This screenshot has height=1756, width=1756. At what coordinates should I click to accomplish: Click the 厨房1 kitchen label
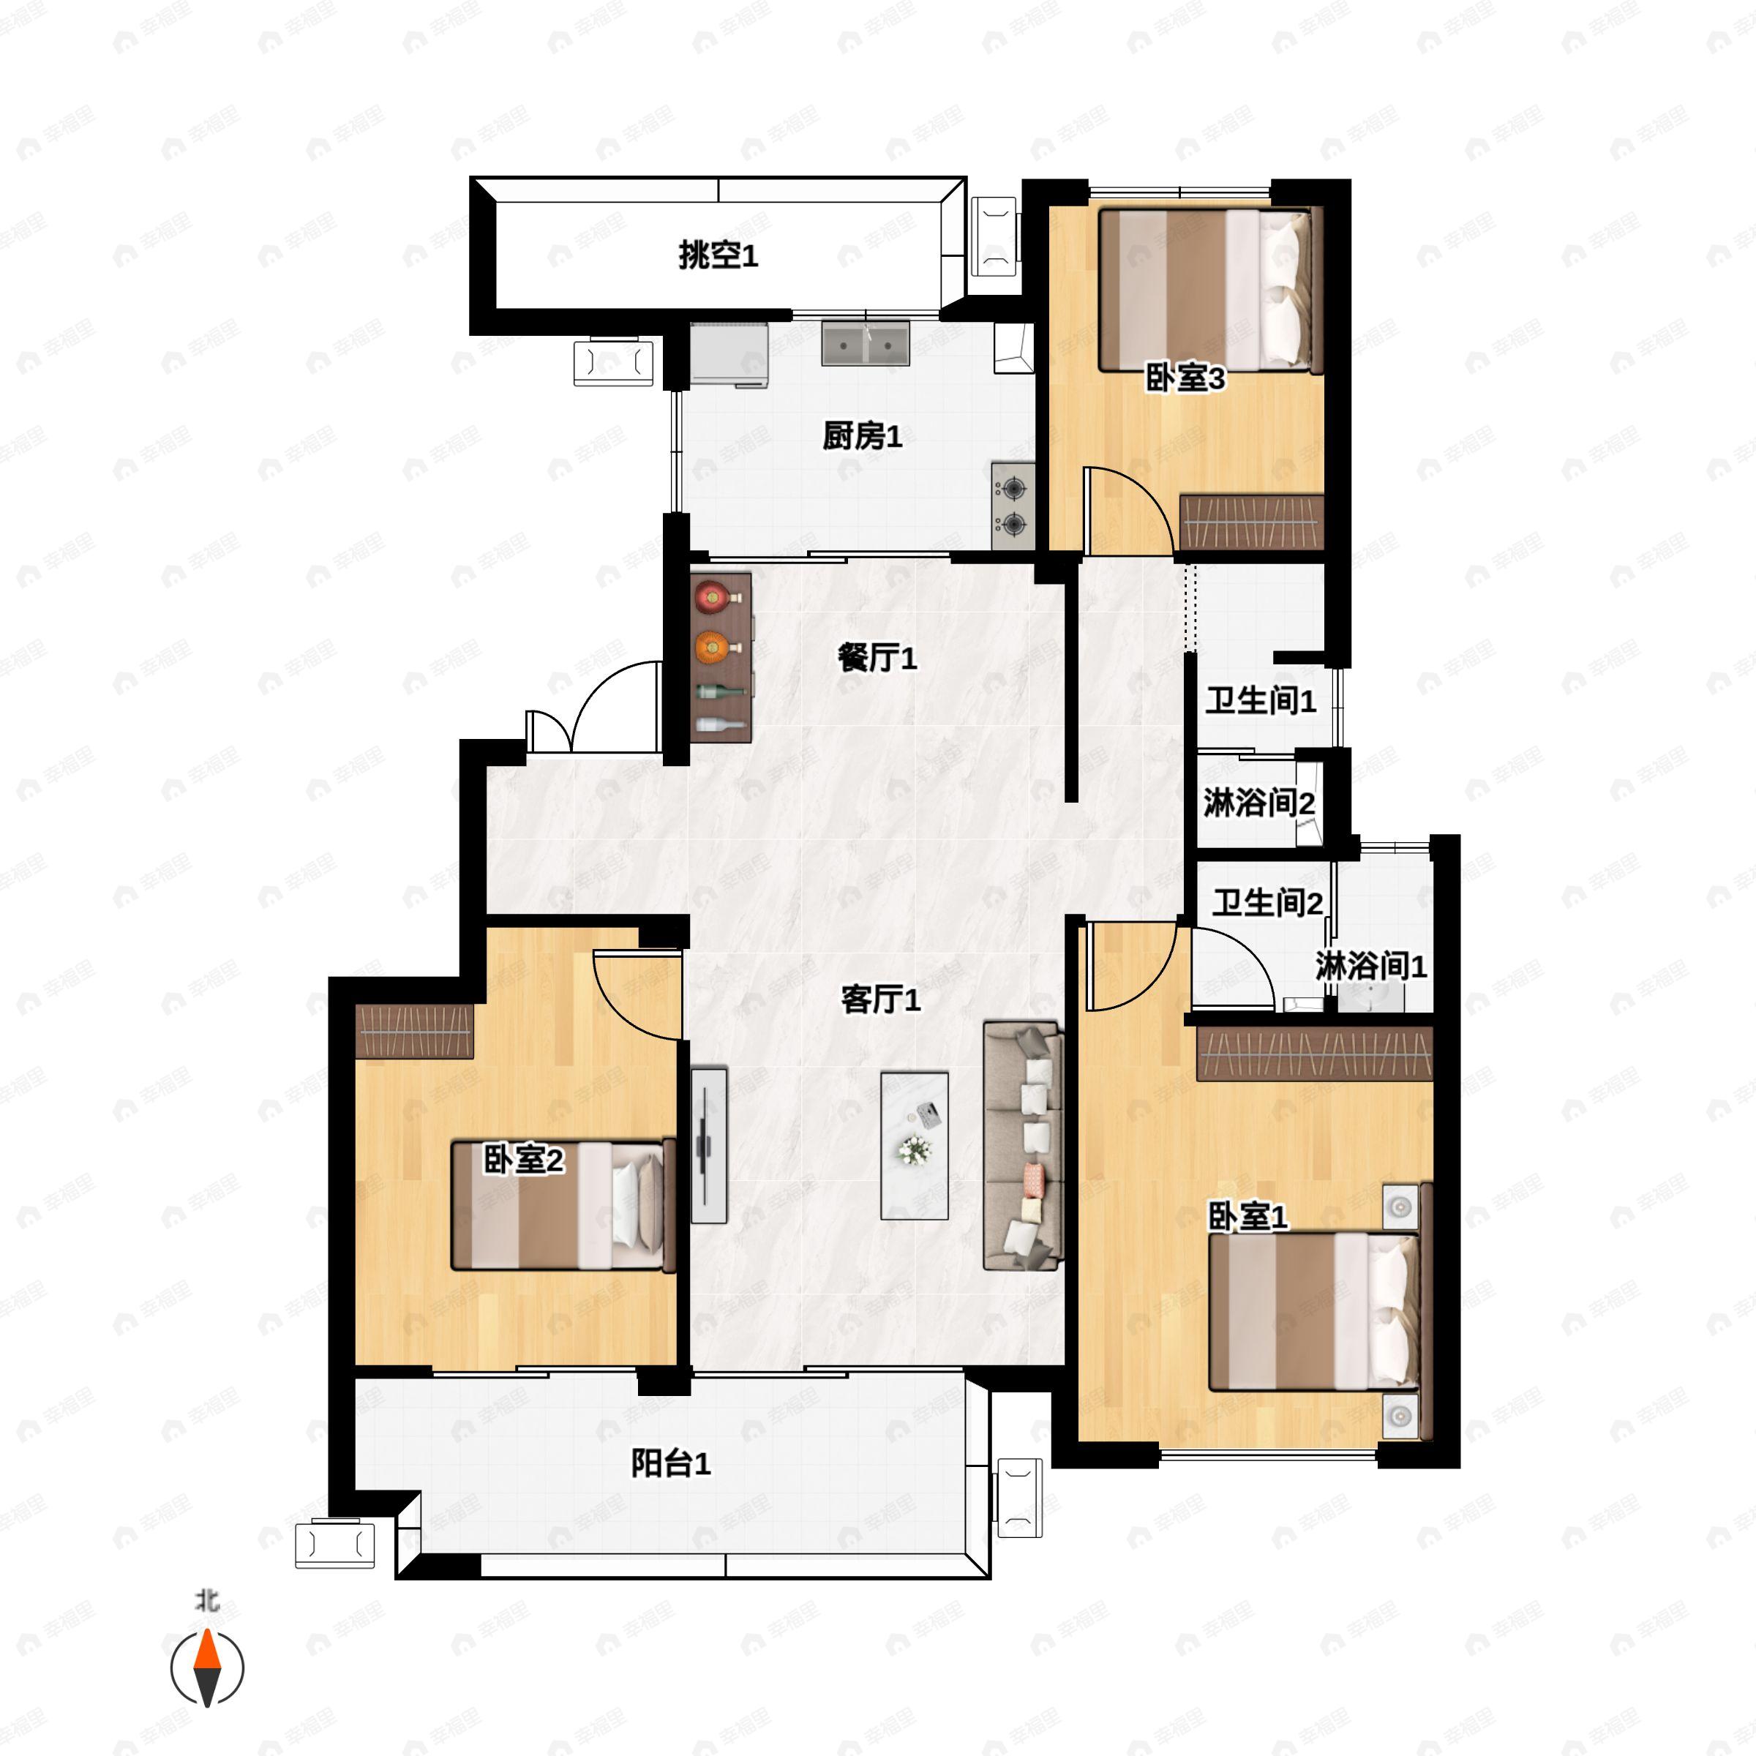click(x=862, y=438)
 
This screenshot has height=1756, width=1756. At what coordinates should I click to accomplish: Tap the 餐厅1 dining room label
click(x=877, y=657)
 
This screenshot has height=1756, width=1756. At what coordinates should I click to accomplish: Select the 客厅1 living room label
click(x=879, y=999)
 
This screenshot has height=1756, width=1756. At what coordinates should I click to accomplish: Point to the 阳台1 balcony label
click(x=671, y=1463)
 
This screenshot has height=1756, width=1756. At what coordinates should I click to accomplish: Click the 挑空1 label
click(x=718, y=255)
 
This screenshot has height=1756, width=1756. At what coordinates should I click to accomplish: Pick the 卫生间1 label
click(x=1261, y=701)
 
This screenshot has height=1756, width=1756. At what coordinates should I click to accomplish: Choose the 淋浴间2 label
click(x=1258, y=803)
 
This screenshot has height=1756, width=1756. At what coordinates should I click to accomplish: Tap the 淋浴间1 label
click(x=1370, y=966)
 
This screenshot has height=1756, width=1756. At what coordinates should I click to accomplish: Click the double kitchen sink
click(x=866, y=342)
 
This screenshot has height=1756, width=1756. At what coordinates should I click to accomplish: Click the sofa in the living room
click(x=1024, y=1145)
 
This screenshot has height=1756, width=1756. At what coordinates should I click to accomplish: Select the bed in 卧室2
click(x=563, y=1204)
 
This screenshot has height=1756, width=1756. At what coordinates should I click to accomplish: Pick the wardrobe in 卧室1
click(x=1314, y=1054)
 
